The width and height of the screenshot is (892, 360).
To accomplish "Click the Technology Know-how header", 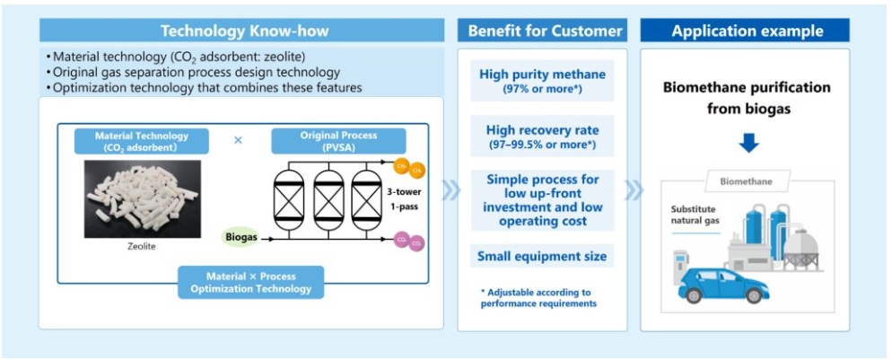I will point(244,31).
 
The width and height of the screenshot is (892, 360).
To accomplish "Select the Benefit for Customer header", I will point(545,31).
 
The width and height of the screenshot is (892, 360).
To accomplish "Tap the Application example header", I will point(745,31).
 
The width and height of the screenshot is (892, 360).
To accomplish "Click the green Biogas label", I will point(239,237).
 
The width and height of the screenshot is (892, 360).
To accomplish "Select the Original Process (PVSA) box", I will point(338,141).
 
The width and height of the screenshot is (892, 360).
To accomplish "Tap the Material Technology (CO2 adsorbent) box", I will point(142,141).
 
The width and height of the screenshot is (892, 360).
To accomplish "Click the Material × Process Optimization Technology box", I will point(251,282).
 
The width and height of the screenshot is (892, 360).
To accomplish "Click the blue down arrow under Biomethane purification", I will point(747,143).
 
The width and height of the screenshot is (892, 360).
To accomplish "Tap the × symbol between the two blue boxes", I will point(238,140).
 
